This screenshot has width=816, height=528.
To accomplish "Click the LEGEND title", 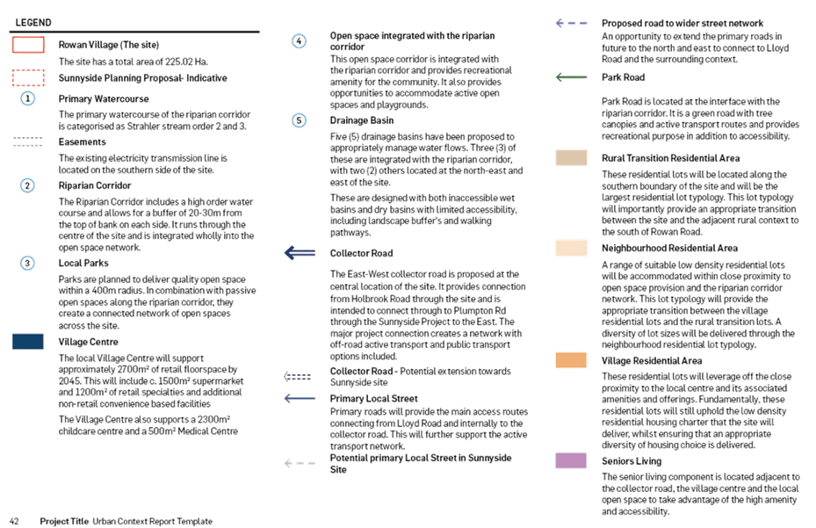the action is (x=33, y=22).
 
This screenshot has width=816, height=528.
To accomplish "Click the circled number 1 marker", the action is (x=27, y=98).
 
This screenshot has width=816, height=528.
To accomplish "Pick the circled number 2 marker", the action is (x=27, y=185).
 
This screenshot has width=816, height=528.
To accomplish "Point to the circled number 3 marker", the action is (x=27, y=263).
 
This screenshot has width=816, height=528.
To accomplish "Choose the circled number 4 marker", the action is (x=299, y=41).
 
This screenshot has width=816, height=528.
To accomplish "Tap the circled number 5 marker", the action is (x=299, y=121).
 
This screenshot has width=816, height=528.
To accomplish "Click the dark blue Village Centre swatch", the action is (x=28, y=342).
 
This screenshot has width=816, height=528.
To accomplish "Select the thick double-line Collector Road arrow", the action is (x=300, y=253).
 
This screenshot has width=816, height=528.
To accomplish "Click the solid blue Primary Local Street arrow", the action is (x=300, y=399).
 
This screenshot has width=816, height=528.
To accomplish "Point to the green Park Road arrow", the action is (x=572, y=77).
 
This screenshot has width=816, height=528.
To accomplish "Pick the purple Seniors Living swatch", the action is (x=571, y=460).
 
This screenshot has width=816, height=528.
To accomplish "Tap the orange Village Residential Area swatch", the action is (x=571, y=360).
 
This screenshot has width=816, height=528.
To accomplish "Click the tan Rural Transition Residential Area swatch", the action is (x=571, y=158).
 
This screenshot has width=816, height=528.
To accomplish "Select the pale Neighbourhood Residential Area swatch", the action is (x=571, y=248).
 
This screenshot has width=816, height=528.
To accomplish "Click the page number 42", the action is (x=14, y=521).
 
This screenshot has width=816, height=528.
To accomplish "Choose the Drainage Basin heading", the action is (x=362, y=120).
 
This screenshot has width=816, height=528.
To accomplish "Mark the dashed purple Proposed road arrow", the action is (x=572, y=24).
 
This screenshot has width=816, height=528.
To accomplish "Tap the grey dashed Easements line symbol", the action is (x=28, y=141).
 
